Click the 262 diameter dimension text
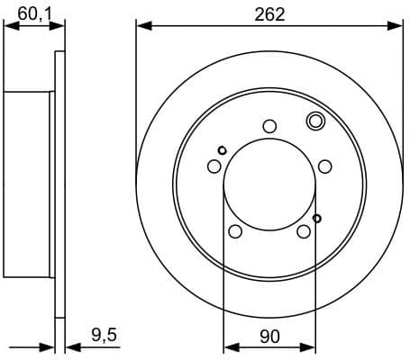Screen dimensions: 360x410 [269, 13]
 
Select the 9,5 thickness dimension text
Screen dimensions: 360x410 [105, 336]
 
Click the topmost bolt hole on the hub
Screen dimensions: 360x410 [269, 126]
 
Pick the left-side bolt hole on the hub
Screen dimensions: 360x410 [214, 166]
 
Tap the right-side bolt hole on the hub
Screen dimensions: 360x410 [325, 166]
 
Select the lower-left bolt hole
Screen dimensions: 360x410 [235, 232]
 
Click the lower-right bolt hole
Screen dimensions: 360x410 [304, 232]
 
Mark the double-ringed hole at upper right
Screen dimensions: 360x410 [315, 121]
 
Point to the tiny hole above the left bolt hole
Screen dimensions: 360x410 [222, 150]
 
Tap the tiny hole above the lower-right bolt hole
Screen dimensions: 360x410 [316, 218]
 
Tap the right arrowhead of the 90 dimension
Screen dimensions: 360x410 [311, 346]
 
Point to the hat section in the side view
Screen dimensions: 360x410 [27, 184]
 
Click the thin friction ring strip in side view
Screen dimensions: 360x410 [61, 184]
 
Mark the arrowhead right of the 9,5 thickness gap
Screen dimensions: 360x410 [72, 346]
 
